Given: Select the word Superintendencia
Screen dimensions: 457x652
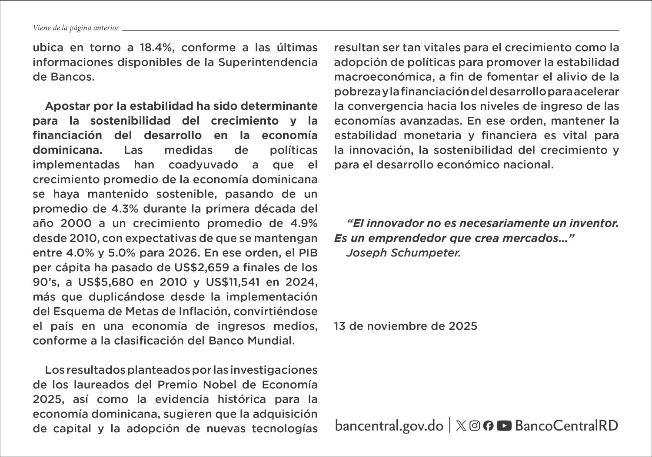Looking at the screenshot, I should pyautogui.click(x=268, y=62).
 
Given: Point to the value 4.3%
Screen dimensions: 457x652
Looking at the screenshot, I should pyautogui.click(x=125, y=209).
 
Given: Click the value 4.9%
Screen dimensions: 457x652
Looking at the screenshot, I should pyautogui.click(x=303, y=224).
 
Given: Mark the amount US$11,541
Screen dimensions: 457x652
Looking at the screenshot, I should pyautogui.click(x=233, y=282).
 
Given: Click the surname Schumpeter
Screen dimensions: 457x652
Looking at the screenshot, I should pyautogui.click(x=426, y=253).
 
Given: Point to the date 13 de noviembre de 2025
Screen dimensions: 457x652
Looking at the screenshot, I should pyautogui.click(x=405, y=326).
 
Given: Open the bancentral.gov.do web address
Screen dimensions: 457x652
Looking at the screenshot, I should pyautogui.click(x=389, y=425).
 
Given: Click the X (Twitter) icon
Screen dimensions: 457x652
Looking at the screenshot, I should pyautogui.click(x=461, y=426).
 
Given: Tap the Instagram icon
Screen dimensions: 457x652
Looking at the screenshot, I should pyautogui.click(x=475, y=426).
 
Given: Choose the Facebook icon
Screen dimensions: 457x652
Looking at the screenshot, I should pyautogui.click(x=489, y=426).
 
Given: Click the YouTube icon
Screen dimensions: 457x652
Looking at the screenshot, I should pyautogui.click(x=504, y=426).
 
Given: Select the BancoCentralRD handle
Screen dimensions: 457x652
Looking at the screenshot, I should pyautogui.click(x=566, y=425).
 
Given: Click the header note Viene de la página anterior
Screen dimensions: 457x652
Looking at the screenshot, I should pyautogui.click(x=76, y=28).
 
